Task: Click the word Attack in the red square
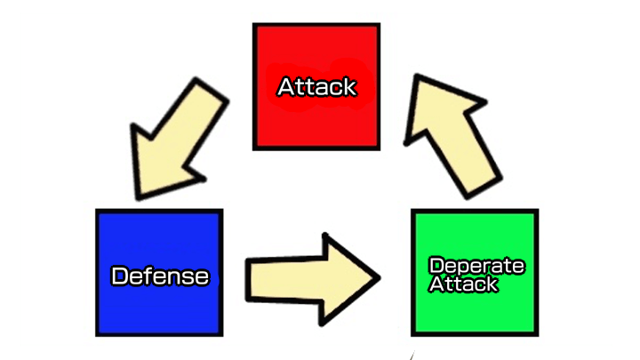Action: pos(316,87)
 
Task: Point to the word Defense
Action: pos(160,276)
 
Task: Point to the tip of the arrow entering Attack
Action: pos(415,78)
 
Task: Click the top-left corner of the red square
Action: pos(254,25)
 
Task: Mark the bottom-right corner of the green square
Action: pos(537,334)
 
